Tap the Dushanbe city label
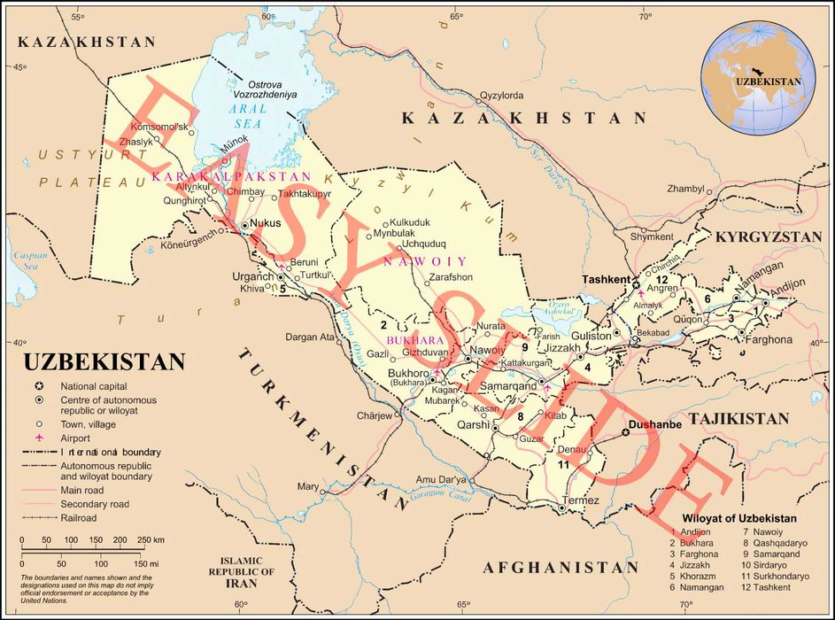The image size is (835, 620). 653,425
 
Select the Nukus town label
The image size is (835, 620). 266,223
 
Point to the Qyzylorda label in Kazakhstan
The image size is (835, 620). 501,96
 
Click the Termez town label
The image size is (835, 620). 582,500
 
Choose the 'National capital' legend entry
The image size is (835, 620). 93,386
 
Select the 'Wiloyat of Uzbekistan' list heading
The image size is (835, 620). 738,518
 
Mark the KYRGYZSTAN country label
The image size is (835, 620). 769,237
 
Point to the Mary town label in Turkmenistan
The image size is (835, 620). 307,487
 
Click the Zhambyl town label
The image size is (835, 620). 685,189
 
